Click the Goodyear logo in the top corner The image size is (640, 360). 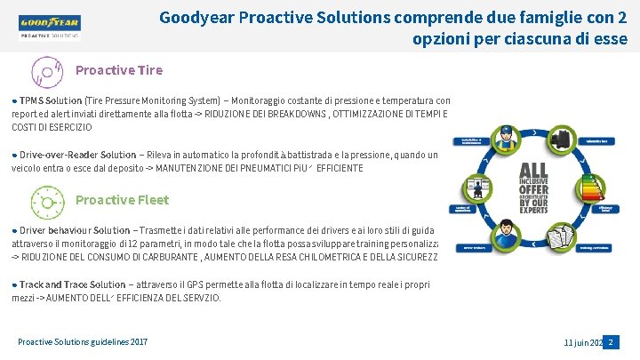(x=49, y=24)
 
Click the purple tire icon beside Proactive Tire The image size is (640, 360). (x=46, y=71)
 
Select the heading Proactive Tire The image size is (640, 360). (x=118, y=70)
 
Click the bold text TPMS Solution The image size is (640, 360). (x=51, y=101)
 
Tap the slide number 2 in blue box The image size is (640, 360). (x=610, y=342)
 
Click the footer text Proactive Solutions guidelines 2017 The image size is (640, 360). (x=83, y=342)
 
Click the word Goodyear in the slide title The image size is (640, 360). (x=196, y=16)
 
